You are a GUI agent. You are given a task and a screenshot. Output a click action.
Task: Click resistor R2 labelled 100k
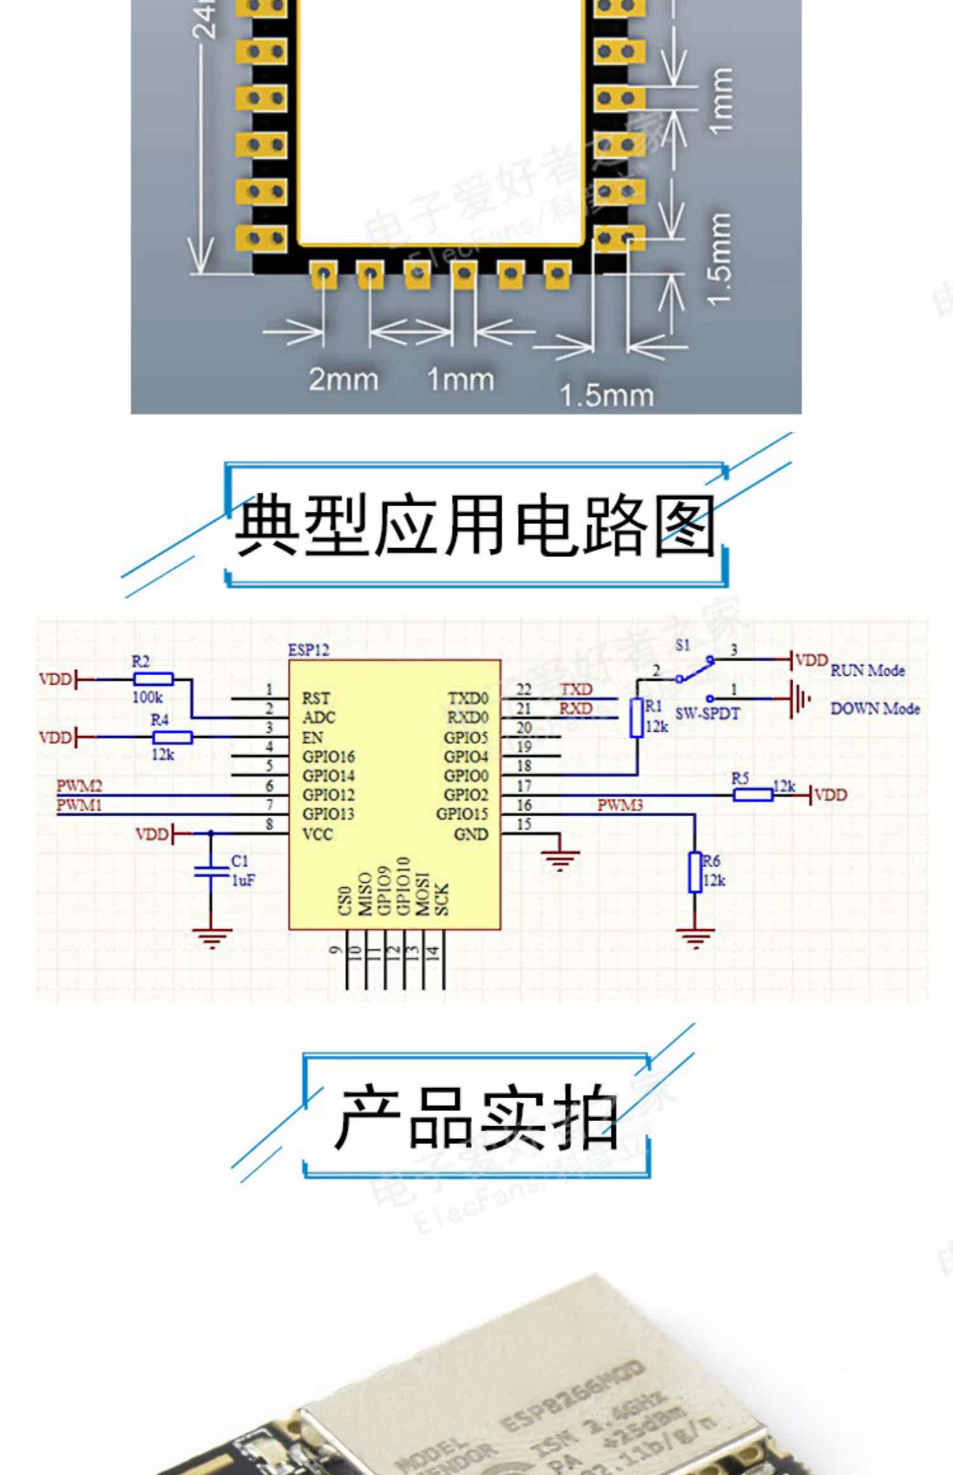coord(153,679)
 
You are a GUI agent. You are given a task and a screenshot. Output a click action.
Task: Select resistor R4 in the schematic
coord(172,737)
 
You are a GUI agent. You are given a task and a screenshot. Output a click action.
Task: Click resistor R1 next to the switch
coord(636,718)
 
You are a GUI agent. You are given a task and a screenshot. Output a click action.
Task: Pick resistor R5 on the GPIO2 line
coord(753,795)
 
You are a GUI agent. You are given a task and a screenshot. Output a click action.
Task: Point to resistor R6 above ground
coord(695,872)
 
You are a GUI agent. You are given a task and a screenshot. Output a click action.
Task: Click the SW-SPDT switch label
coord(707,714)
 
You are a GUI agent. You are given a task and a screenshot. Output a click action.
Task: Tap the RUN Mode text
coord(867,670)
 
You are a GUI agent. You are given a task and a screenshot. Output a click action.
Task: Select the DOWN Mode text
coord(875,709)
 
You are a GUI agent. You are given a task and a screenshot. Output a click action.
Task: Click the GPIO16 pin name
coord(328,757)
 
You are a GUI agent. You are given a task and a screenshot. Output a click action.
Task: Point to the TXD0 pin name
coord(468,698)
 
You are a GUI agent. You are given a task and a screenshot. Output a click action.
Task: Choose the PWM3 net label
coord(619,805)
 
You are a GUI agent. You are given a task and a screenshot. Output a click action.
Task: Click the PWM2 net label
coord(79,786)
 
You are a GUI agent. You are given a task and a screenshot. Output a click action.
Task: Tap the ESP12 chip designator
coord(309,650)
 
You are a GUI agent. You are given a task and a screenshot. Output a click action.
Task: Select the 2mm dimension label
coord(343,379)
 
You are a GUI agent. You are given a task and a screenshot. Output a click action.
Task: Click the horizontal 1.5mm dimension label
coord(606,395)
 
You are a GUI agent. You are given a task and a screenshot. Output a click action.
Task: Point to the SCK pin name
coord(442,899)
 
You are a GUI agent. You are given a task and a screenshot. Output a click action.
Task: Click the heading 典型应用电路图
coord(476,526)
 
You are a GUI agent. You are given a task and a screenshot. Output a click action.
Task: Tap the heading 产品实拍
coord(476,1117)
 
